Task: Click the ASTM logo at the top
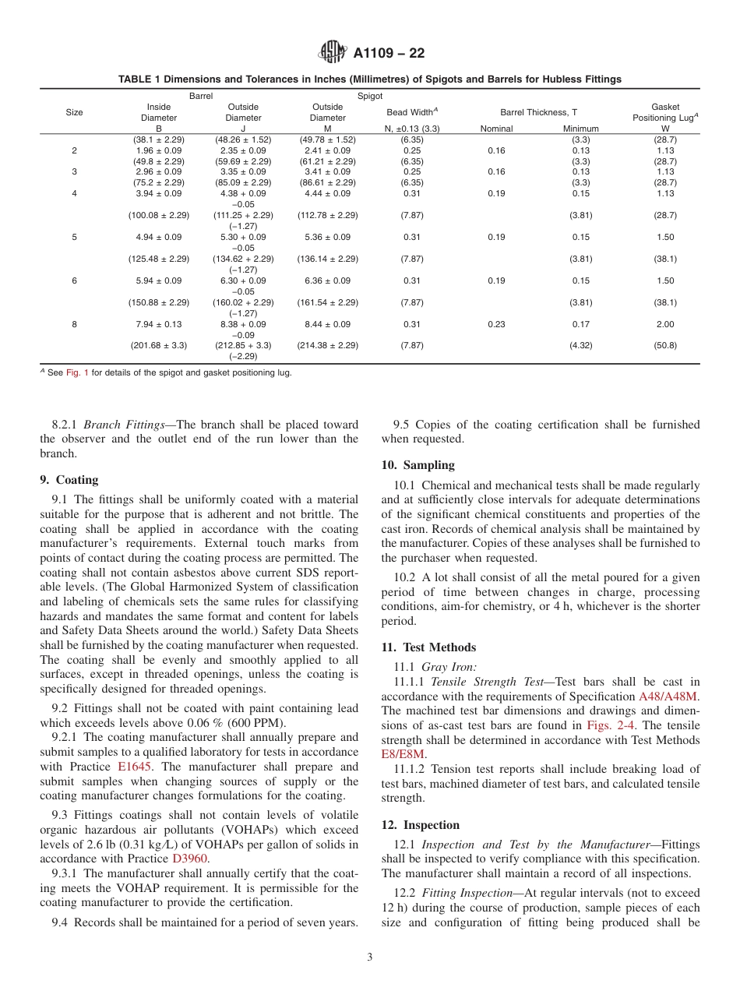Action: point(333,53)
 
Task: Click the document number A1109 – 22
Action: point(389,54)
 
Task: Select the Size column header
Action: point(74,112)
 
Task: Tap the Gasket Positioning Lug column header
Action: point(664,112)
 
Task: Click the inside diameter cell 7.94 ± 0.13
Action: point(158,324)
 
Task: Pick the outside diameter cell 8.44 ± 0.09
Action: point(327,324)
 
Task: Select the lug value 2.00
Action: point(664,324)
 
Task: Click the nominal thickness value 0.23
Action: point(496,324)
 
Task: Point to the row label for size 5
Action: point(74,237)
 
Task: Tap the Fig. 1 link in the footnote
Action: point(76,372)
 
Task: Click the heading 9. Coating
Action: point(69,480)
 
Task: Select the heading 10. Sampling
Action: point(418,465)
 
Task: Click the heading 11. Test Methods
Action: point(428,647)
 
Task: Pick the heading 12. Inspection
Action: point(421,825)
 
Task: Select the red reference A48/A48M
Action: point(668,697)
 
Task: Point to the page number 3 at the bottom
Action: point(370,957)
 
